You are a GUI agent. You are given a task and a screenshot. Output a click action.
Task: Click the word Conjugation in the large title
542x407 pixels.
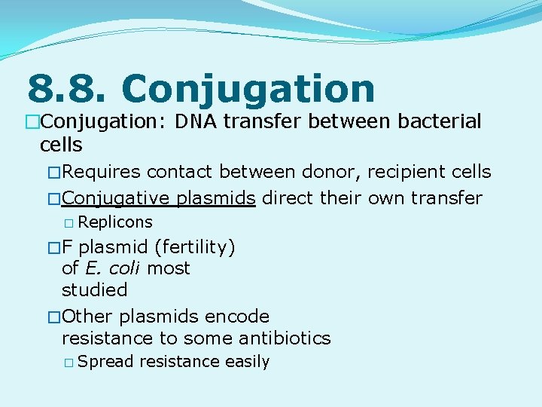(248, 89)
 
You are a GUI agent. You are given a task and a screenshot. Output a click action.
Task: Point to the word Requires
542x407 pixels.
(102, 172)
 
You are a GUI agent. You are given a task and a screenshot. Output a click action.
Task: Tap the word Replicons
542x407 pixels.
(114, 222)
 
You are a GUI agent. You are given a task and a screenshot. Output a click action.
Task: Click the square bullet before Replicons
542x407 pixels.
(69, 223)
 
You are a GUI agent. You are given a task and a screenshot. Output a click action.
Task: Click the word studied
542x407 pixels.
(94, 289)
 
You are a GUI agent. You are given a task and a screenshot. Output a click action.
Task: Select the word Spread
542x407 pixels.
(105, 362)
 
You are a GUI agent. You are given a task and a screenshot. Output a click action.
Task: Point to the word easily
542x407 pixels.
(247, 362)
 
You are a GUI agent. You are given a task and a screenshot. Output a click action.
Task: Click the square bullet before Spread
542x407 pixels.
(69, 363)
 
